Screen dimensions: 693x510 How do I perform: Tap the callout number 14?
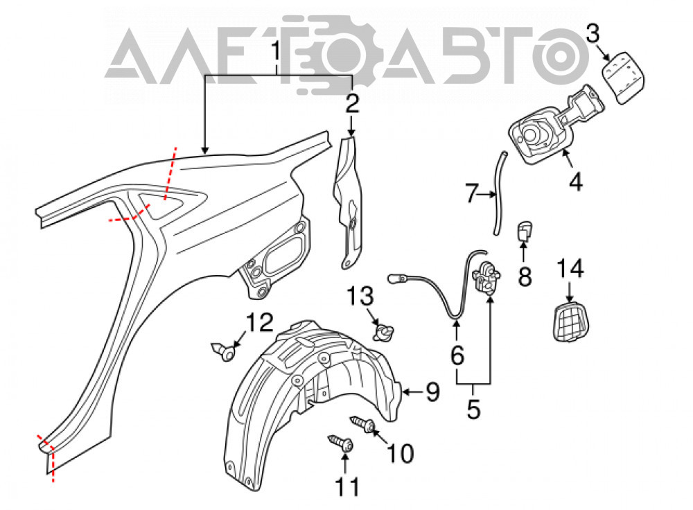click(x=570, y=270)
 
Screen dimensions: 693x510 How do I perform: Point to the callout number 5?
click(x=473, y=409)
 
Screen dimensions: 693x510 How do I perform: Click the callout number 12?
click(x=259, y=323)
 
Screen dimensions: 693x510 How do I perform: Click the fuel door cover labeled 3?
click(x=623, y=78)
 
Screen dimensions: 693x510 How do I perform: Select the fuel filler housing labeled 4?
click(x=548, y=128)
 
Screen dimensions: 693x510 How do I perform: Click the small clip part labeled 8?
click(x=524, y=231)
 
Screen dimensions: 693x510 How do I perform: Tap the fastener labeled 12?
click(x=225, y=351)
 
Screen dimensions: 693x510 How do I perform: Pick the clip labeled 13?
click(x=383, y=333)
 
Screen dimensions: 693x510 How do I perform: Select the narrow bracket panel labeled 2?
click(x=348, y=201)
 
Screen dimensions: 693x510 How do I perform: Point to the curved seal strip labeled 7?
click(x=500, y=193)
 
